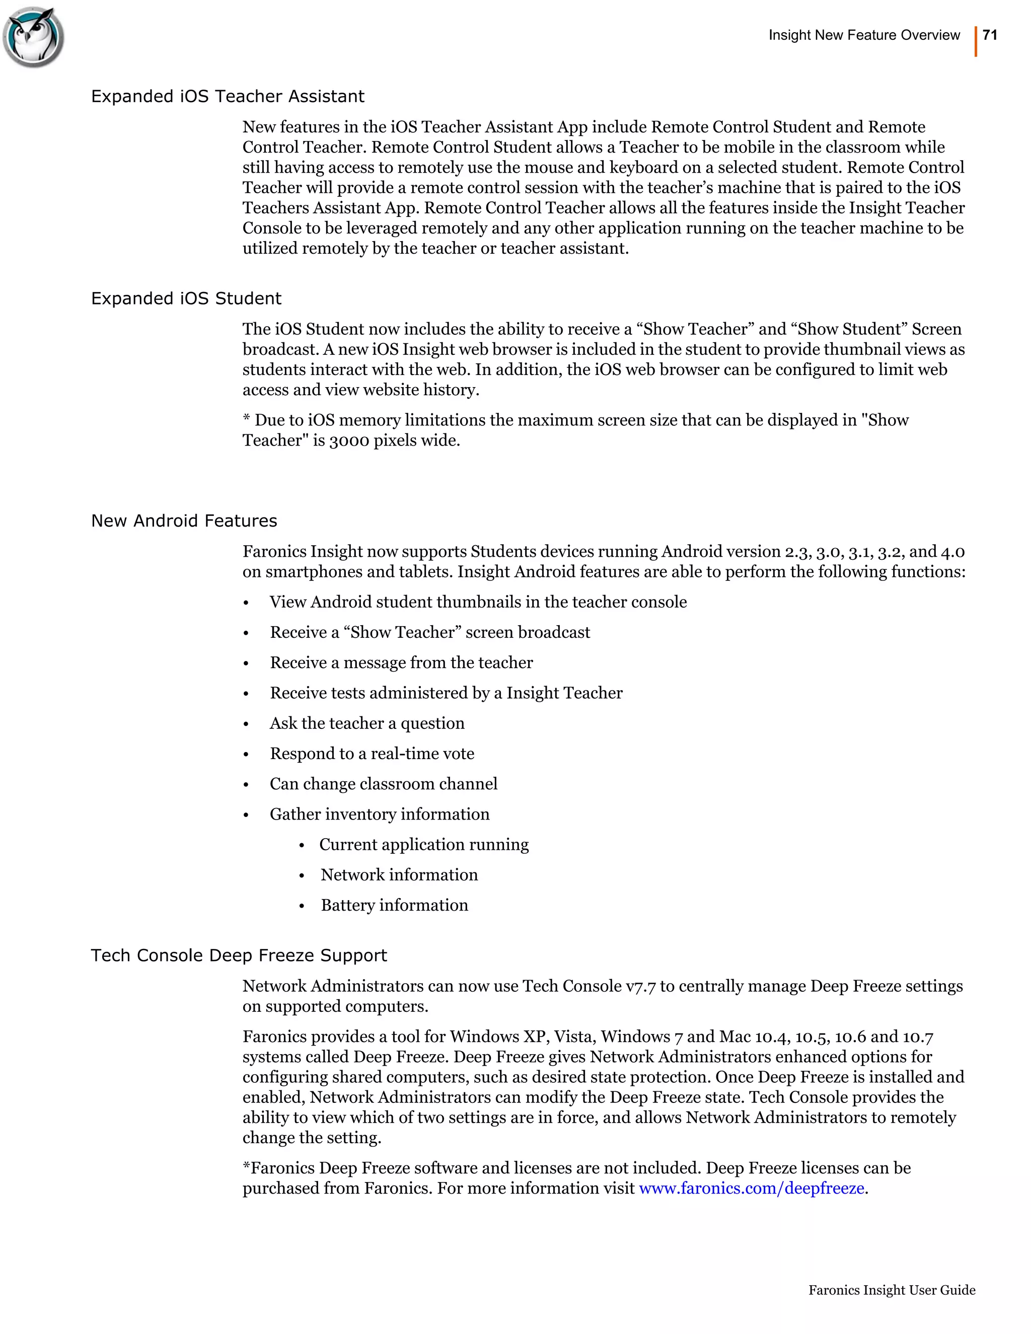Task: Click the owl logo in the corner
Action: (34, 37)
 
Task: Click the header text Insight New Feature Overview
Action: (864, 35)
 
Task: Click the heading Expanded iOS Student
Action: (186, 299)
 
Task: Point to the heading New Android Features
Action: (184, 521)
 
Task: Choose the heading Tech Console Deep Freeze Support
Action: (239, 955)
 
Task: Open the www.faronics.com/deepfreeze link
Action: (751, 1188)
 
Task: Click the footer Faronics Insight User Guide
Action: (892, 1290)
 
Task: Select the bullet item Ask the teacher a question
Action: (367, 723)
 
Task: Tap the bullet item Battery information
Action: (394, 905)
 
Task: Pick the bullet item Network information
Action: (399, 875)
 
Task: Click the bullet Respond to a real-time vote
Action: (372, 754)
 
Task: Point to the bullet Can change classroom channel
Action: (384, 784)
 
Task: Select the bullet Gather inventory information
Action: (379, 814)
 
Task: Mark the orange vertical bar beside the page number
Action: (976, 42)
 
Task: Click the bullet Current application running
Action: (424, 845)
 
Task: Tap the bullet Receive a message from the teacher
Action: (401, 663)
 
